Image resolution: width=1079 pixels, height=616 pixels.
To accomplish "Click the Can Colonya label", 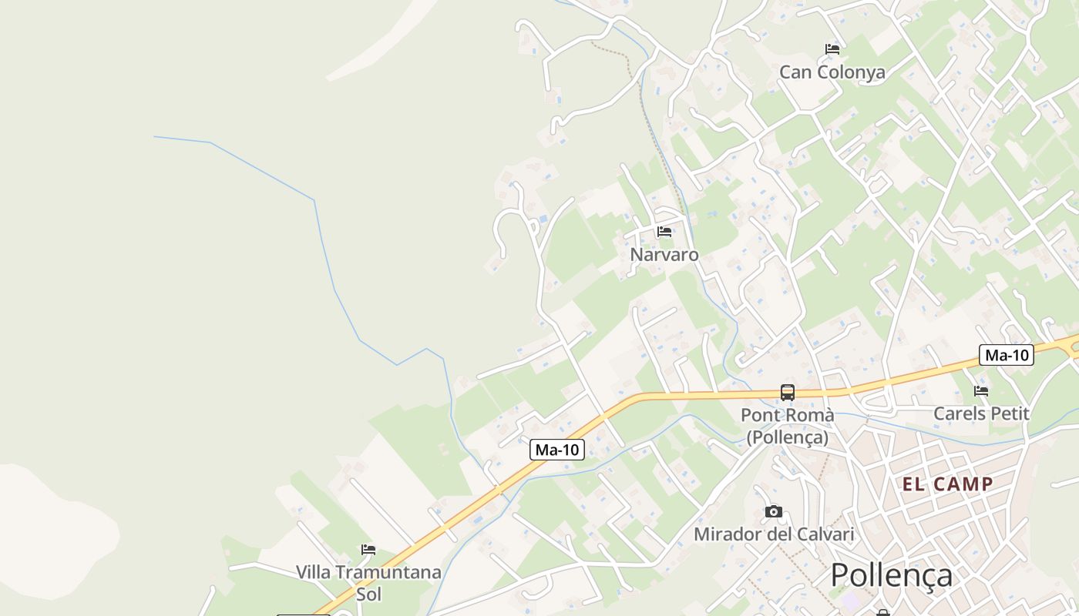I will click(832, 72).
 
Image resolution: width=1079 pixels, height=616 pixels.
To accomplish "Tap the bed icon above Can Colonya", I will click(832, 49).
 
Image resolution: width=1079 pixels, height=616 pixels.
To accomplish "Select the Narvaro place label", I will click(664, 254).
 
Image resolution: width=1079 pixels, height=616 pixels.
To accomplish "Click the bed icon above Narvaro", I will click(664, 232).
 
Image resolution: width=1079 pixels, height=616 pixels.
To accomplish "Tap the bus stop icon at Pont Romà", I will click(787, 392).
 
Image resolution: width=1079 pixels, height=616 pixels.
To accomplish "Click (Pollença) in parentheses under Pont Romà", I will click(787, 437).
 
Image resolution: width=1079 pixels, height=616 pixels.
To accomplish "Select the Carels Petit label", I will click(981, 413).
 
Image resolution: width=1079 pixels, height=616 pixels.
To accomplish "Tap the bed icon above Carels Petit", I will click(981, 391).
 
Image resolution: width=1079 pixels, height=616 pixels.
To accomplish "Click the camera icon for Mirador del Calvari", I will click(774, 511).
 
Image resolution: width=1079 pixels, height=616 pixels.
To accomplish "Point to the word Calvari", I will click(825, 534).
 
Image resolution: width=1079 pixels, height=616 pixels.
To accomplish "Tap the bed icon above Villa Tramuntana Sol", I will click(368, 550).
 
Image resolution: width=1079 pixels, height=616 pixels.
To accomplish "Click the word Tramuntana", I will click(392, 572).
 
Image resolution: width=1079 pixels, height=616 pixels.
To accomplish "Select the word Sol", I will click(368, 594).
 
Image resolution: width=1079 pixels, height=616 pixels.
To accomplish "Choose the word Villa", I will click(316, 572).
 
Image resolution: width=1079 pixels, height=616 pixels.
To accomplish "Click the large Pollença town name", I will click(891, 575).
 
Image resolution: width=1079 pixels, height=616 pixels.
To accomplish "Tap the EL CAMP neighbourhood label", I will click(947, 484).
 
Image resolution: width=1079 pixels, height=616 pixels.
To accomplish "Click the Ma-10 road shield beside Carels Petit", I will click(1006, 355).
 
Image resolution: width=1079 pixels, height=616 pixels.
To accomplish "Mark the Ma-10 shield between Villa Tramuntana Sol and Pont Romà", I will click(557, 450).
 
